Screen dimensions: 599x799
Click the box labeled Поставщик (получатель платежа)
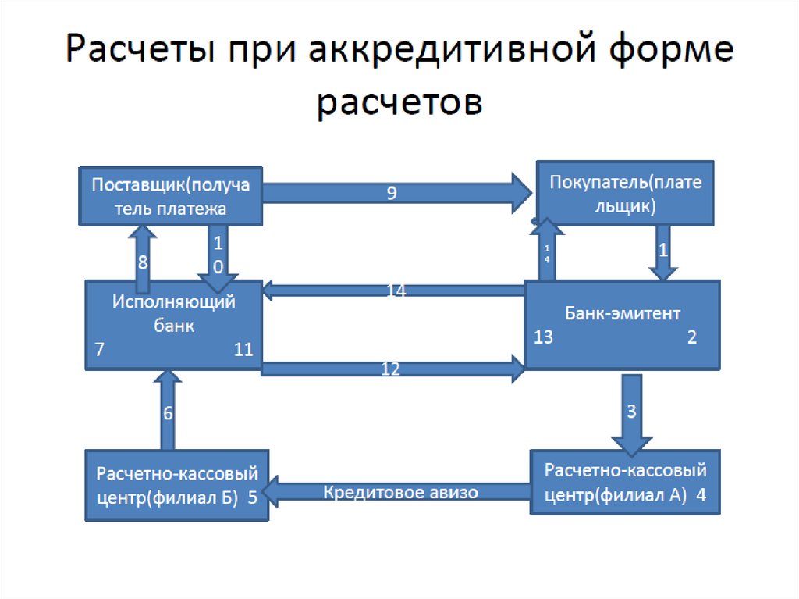tap(171, 196)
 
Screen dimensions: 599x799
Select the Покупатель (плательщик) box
tap(625, 194)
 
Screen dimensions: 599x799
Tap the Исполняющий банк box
tap(173, 324)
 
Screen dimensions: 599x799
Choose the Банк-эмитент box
tap(622, 324)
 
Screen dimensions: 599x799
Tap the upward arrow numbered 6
tap(168, 412)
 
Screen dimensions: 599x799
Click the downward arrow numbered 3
tap(633, 411)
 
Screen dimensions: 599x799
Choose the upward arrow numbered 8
tap(143, 251)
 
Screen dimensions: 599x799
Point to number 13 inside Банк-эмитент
tap(544, 337)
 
